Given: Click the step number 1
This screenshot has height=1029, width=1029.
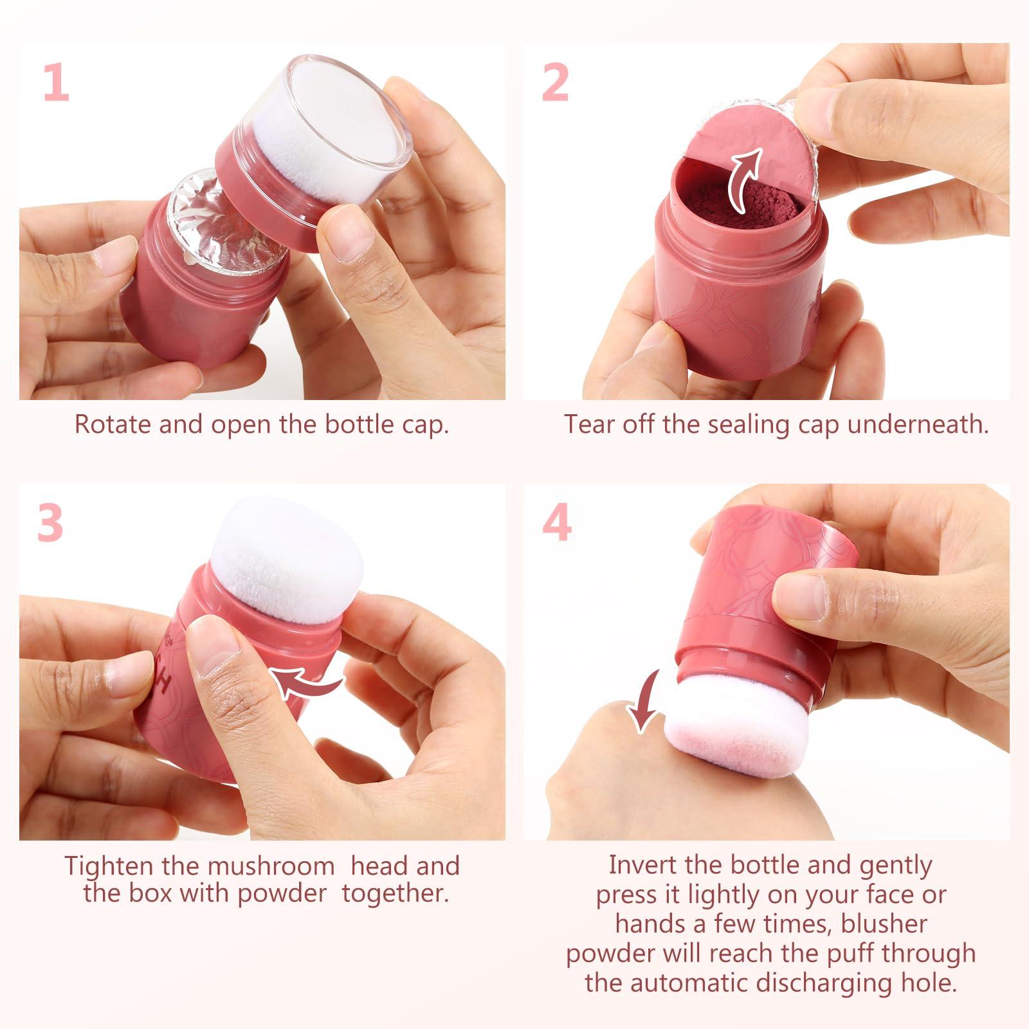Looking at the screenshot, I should coord(57,82).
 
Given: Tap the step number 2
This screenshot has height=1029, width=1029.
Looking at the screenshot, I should coord(555,82).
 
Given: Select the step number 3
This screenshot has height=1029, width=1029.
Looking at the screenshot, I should coord(50,523).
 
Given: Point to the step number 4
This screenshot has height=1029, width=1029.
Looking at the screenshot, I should coord(557,523).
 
